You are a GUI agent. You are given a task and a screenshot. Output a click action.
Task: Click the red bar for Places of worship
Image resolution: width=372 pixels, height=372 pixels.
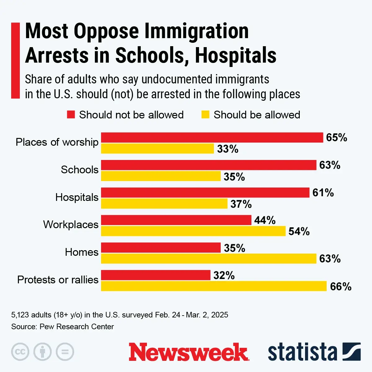click(x=212, y=138)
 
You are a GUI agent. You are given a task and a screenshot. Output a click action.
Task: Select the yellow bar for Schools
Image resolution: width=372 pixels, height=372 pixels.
click(x=161, y=176)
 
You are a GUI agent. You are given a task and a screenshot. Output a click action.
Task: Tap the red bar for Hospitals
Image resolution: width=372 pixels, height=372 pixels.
click(x=205, y=193)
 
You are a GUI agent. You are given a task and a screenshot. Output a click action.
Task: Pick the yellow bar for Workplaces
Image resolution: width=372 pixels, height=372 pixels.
click(x=193, y=231)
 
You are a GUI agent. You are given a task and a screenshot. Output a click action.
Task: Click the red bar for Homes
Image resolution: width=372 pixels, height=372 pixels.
click(x=161, y=248)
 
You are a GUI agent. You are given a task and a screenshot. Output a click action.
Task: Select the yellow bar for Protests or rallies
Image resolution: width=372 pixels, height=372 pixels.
click(x=214, y=286)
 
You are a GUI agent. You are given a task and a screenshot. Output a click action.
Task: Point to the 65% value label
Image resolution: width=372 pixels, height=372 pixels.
click(x=337, y=138)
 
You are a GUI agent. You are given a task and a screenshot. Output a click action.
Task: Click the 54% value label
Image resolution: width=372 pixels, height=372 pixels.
click(x=299, y=232)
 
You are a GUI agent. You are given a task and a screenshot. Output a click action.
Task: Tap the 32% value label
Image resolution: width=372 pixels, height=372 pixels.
click(x=224, y=275)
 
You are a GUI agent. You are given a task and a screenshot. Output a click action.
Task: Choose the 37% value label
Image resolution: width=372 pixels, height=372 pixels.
click(x=241, y=204)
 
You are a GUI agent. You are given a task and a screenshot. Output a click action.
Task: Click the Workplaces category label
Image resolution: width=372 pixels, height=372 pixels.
click(x=71, y=224)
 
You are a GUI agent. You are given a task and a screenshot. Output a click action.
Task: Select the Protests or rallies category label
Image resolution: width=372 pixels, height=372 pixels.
click(x=58, y=280)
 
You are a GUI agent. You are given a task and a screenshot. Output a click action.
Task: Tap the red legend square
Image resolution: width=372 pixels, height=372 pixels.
click(x=71, y=115)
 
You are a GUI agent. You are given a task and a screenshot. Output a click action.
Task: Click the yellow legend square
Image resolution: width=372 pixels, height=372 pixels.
click(x=205, y=115)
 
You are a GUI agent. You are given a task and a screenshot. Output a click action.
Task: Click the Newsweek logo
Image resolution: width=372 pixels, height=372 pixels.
click(x=188, y=352)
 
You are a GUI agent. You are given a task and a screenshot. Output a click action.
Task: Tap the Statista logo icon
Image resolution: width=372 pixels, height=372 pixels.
click(x=352, y=352)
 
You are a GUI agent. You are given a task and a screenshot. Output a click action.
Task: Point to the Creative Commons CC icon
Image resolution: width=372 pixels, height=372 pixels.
click(x=20, y=352)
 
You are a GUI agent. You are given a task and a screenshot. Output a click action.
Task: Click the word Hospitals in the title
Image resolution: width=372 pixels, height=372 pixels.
click(x=236, y=56)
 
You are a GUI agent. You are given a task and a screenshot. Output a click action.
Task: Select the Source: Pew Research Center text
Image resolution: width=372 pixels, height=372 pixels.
click(x=63, y=327)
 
